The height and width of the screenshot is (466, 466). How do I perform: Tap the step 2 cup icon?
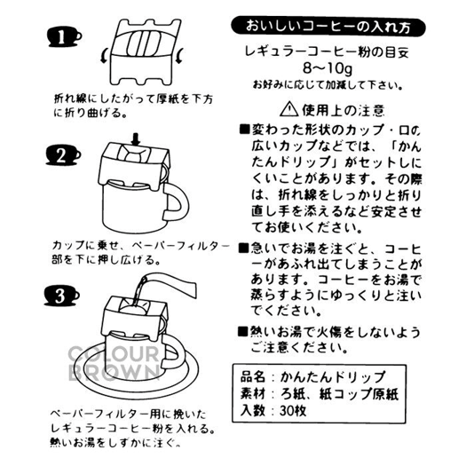(x=63, y=155)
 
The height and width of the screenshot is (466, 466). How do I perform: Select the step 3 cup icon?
(x=62, y=296)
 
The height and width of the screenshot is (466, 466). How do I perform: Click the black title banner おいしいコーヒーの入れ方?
(x=328, y=27)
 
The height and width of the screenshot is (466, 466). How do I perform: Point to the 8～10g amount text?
(x=328, y=68)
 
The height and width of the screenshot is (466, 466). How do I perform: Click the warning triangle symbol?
(x=288, y=109)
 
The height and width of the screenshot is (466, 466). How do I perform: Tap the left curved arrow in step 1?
(x=105, y=56)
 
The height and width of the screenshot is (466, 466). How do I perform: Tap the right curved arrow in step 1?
(x=180, y=56)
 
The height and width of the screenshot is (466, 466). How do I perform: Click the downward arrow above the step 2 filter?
(x=136, y=139)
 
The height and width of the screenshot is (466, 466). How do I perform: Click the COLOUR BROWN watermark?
(x=114, y=363)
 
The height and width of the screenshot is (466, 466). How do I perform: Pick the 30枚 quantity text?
(x=293, y=411)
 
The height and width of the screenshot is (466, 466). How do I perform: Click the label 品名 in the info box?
(x=253, y=377)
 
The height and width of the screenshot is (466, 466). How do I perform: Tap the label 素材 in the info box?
(x=253, y=394)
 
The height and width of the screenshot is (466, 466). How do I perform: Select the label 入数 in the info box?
(x=253, y=411)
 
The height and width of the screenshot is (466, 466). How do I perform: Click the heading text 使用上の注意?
(x=344, y=110)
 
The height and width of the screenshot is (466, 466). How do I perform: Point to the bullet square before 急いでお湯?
(x=244, y=249)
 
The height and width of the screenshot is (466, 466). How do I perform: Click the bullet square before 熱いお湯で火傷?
(x=243, y=331)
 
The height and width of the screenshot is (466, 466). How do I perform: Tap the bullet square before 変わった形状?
(x=245, y=130)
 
